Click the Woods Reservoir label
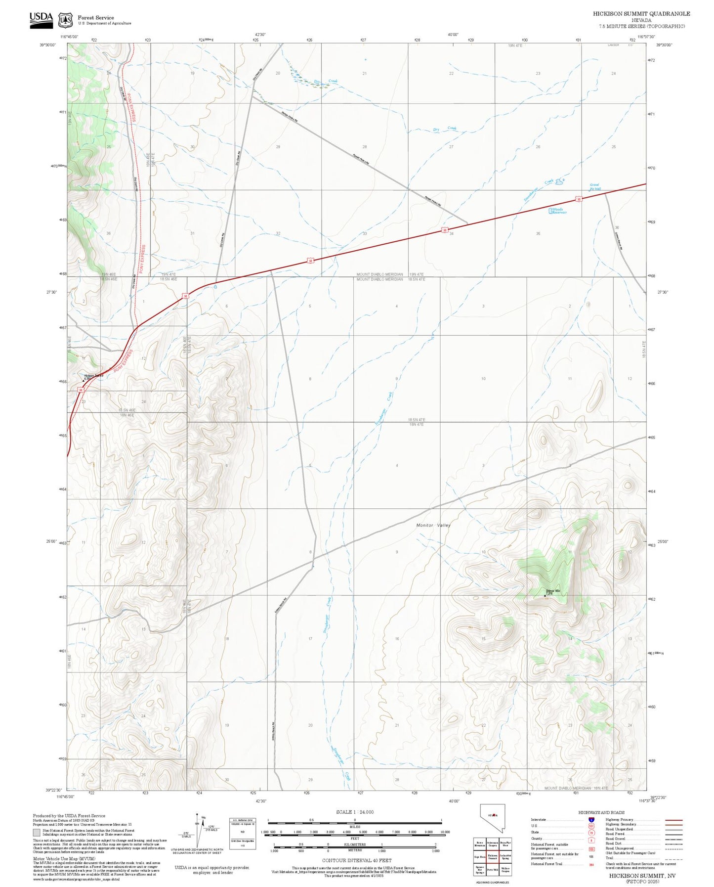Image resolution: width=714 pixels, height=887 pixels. (x=559, y=211)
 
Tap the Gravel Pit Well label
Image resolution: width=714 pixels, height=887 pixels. (x=595, y=187)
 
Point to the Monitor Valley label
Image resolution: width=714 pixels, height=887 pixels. (x=433, y=525)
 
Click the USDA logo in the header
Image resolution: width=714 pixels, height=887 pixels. (x=41, y=18)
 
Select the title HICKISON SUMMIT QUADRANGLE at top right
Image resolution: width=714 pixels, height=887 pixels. (x=641, y=14)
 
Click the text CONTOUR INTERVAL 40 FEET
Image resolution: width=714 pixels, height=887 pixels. (x=356, y=861)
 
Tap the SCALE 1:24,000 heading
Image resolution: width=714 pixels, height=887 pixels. (x=354, y=812)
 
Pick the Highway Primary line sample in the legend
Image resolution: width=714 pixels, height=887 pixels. (x=673, y=820)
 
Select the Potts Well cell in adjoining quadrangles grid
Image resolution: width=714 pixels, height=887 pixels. (x=493, y=869)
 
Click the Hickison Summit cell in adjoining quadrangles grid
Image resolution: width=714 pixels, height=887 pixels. (x=493, y=856)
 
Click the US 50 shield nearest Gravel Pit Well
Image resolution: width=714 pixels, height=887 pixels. (x=578, y=199)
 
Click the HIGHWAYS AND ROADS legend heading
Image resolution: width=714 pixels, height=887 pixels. (x=601, y=812)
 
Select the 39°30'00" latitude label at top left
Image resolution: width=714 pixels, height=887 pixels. (x=48, y=44)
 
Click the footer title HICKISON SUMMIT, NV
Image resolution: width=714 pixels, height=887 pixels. (x=642, y=875)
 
